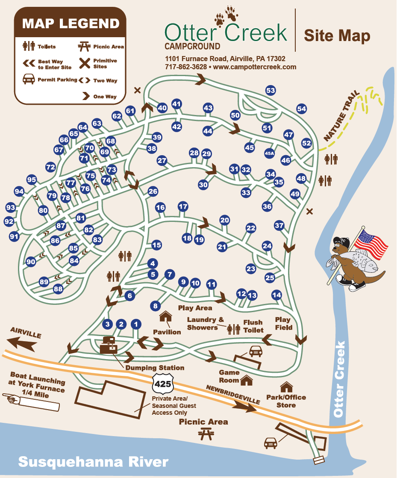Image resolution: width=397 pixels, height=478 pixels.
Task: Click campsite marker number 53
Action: pos(271,91)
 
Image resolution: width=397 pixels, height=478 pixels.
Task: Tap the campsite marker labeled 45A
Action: pos(269,153)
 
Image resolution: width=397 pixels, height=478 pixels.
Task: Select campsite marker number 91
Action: pos(15,236)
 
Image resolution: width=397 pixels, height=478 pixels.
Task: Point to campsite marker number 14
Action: pos(277,295)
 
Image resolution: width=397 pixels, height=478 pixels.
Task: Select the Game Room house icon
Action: pos(247,379)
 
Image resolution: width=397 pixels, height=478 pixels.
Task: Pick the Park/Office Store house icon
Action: pos(285,387)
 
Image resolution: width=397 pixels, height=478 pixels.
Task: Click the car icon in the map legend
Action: pos(29,79)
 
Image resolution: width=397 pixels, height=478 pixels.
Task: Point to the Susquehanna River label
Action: pos(93,462)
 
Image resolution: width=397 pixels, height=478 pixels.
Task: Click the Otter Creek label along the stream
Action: pos(339,379)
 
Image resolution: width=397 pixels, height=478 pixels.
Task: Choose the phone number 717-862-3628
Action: pos(185,67)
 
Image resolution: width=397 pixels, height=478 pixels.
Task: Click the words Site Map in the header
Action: pos(337,36)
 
